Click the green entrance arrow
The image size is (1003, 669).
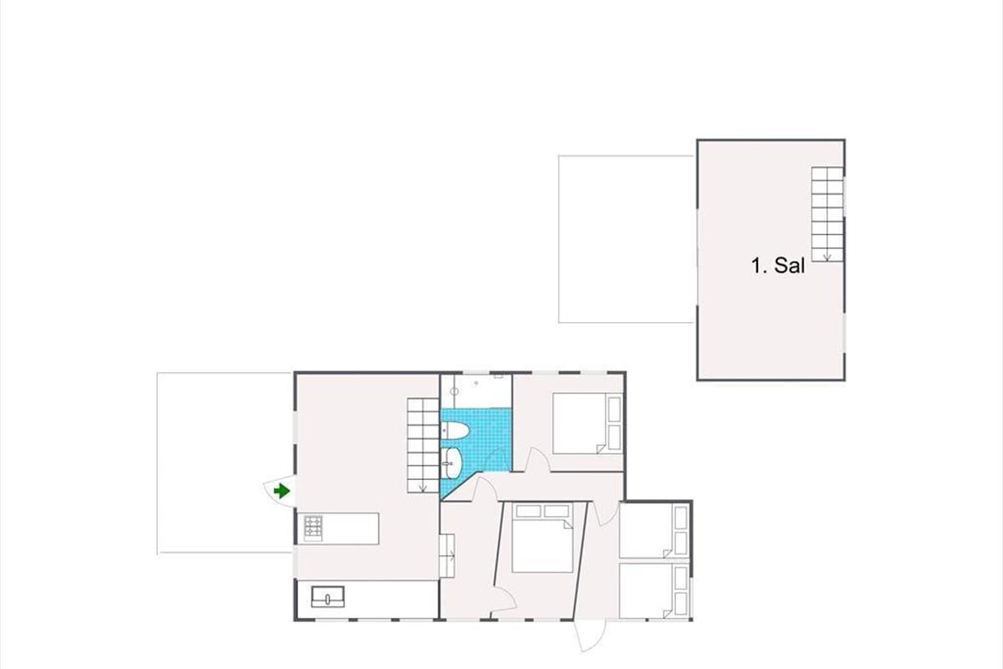pyautogui.click(x=282, y=491)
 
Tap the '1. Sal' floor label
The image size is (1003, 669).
pyautogui.click(x=778, y=266)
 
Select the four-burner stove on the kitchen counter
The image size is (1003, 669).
pyautogui.click(x=313, y=527)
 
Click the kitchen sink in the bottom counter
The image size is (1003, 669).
pyautogui.click(x=328, y=596)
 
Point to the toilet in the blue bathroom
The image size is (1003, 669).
pyautogui.click(x=455, y=432)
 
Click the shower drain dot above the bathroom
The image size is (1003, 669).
pyautogui.click(x=476, y=384)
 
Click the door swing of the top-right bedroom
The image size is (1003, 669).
pyautogui.click(x=539, y=458)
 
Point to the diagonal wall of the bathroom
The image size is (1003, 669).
pyautogui.click(x=463, y=486)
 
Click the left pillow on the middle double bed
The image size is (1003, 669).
pyautogui.click(x=528, y=511)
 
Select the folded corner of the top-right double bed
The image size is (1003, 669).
pyautogui.click(x=601, y=449)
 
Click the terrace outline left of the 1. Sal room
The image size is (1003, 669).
pyautogui.click(x=559, y=239)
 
